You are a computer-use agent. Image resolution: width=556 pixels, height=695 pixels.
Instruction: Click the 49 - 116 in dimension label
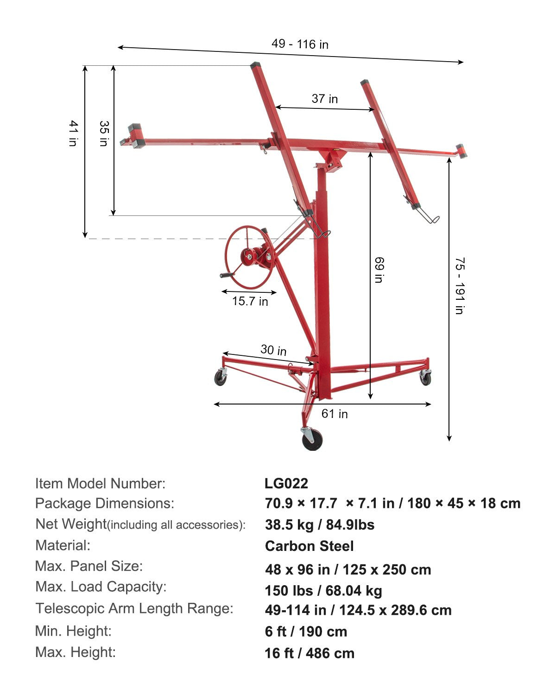300,44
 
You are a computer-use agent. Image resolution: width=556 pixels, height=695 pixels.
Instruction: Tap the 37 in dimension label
324,99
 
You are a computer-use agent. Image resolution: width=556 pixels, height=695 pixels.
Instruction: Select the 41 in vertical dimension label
73,133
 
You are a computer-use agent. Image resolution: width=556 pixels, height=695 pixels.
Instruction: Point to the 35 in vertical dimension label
103,133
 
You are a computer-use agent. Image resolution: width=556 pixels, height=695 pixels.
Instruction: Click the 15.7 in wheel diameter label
250,301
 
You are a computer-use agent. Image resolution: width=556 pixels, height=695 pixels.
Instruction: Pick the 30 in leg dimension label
273,350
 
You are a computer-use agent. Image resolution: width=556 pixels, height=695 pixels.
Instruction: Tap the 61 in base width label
335,413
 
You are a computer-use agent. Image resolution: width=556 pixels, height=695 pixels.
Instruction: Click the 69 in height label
379,270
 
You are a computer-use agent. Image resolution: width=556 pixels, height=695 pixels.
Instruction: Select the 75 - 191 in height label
459,286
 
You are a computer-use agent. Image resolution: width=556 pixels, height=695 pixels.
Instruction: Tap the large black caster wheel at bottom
312,439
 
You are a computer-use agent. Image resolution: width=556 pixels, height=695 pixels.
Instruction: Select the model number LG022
286,483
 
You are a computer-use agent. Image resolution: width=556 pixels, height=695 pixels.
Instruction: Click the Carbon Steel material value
309,546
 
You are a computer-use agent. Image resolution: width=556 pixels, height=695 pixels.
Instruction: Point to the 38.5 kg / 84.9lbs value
320,524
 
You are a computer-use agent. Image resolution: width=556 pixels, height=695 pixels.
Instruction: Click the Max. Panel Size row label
89,566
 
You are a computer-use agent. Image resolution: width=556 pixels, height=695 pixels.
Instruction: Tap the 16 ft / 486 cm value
310,653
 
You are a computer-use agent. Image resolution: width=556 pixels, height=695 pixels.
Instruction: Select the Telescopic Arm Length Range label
134,608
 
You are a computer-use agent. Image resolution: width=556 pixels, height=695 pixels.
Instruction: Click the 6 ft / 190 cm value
306,632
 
